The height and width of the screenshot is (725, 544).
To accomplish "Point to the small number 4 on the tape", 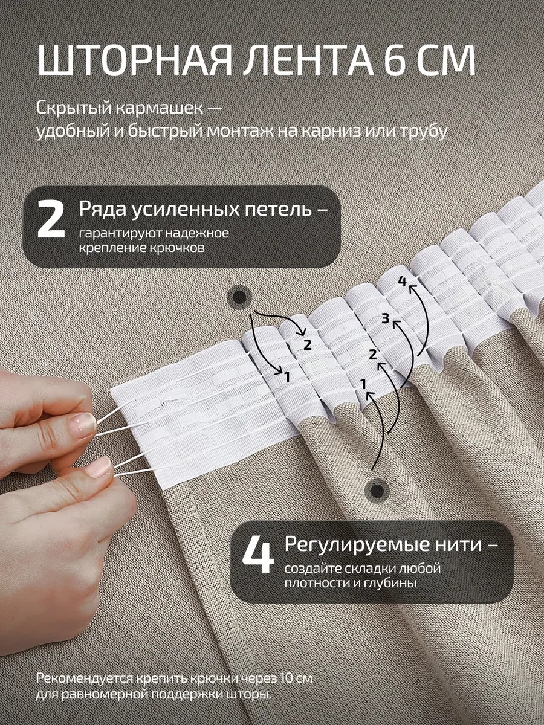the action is point(402,282).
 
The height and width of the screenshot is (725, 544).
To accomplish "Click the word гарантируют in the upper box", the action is point(118,234).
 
